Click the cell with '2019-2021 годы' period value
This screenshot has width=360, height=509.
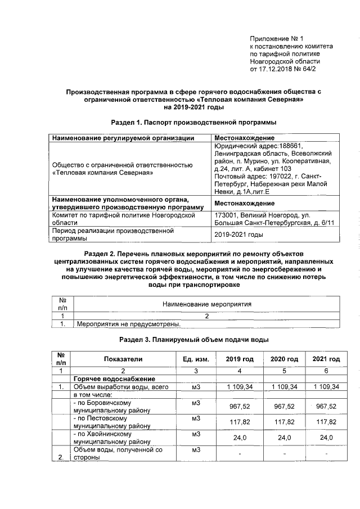point(239,235)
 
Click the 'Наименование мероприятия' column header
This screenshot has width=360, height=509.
point(206,304)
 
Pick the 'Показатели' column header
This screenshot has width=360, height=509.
point(123,359)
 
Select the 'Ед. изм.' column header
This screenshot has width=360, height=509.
point(195,359)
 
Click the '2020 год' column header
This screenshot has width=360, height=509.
point(284,359)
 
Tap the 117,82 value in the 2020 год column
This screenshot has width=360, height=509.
point(284,422)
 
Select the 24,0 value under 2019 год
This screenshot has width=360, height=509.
point(240,438)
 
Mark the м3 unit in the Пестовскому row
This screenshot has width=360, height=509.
point(196,418)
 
